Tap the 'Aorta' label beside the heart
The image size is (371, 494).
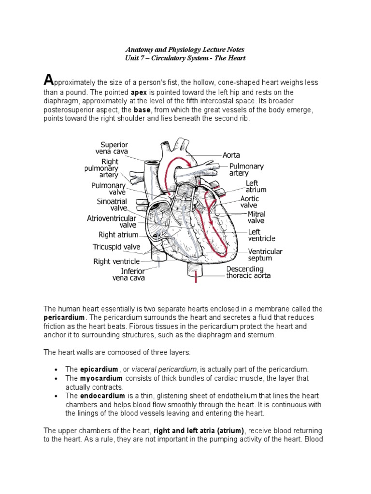pyautogui.click(x=230, y=155)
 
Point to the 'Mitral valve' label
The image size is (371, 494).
pyautogui.click(x=257, y=217)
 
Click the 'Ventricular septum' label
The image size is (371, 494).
pyautogui.click(x=265, y=255)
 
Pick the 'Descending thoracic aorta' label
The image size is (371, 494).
pyautogui.click(x=248, y=272)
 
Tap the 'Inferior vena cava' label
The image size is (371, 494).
pyautogui.click(x=128, y=274)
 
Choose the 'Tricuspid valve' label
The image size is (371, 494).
pyautogui.click(x=116, y=247)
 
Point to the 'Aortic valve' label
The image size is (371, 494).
pyautogui.click(x=250, y=202)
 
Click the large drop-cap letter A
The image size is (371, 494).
pyautogui.click(x=48, y=80)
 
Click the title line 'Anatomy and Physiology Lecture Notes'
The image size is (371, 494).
pyautogui.click(x=185, y=50)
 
